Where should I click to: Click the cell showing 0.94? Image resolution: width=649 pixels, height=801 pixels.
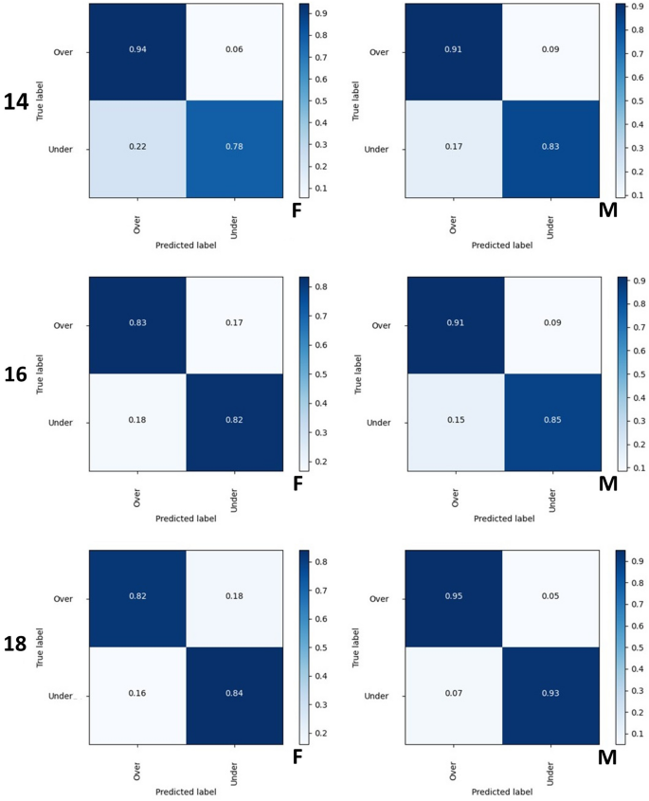point(138,52)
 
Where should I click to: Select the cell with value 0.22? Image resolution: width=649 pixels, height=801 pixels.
point(138,149)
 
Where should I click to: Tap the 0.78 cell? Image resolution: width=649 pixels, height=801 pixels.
point(234,149)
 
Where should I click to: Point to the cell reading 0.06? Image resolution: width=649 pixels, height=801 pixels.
point(234,52)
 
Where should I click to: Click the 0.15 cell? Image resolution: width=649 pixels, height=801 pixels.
point(455,422)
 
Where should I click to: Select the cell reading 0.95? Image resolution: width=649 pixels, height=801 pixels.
point(455,597)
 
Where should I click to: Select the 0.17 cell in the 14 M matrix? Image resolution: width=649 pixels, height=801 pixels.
point(455,149)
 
